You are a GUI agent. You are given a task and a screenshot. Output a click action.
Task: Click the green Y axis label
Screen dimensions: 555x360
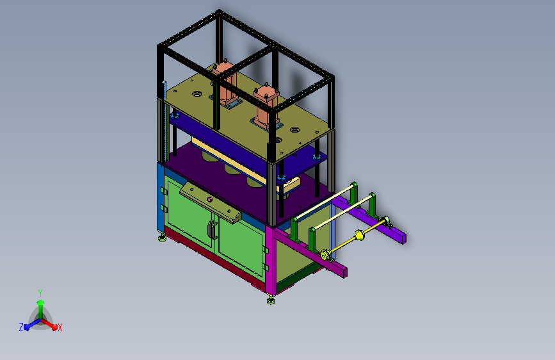(x=40, y=293)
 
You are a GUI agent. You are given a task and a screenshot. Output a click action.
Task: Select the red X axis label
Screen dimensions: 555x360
(x=60, y=328)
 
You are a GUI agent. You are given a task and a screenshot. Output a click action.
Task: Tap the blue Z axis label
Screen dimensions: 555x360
(x=21, y=327)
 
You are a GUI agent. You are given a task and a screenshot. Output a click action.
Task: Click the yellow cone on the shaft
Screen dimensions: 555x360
(x=359, y=236)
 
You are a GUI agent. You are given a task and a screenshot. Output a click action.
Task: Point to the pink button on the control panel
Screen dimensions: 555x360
(x=209, y=199)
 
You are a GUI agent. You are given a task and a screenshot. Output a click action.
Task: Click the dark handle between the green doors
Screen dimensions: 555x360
(x=212, y=229)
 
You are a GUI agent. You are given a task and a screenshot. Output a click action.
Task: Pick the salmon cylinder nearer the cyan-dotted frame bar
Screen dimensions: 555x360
(x=266, y=107)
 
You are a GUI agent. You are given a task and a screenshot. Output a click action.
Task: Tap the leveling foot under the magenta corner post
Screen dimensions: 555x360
(x=271, y=301)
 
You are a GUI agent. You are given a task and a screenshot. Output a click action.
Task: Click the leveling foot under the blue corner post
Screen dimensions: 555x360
(x=162, y=238)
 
